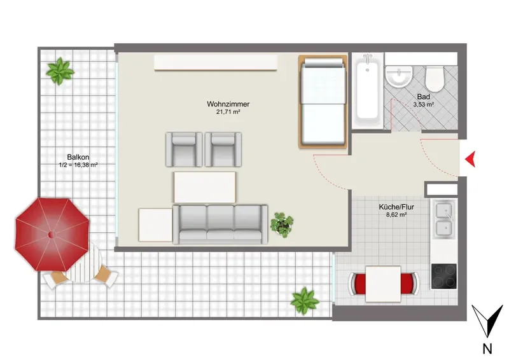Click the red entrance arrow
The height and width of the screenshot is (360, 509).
point(471,159)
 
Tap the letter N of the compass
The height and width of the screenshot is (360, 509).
point(487,349)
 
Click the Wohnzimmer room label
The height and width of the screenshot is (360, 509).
point(228,104)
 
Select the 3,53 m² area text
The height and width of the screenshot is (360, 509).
point(424,104)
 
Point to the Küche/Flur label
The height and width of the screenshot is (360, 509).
point(396,207)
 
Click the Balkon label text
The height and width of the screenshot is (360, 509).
point(78,157)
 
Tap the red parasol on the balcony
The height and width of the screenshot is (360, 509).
point(52,234)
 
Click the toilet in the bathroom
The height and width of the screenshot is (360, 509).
point(434,79)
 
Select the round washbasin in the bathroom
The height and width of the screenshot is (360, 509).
point(399,76)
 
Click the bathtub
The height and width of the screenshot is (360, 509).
point(367,91)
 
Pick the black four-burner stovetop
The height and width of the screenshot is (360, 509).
point(443,276)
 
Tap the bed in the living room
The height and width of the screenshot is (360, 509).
point(323,102)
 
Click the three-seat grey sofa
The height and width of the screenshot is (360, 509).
point(220,225)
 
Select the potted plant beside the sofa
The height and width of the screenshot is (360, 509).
point(282,225)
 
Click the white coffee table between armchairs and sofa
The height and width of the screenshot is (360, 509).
point(205,187)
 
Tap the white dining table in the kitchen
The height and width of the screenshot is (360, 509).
point(383,284)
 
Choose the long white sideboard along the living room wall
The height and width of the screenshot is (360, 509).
point(216,62)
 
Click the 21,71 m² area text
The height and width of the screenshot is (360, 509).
point(228,113)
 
